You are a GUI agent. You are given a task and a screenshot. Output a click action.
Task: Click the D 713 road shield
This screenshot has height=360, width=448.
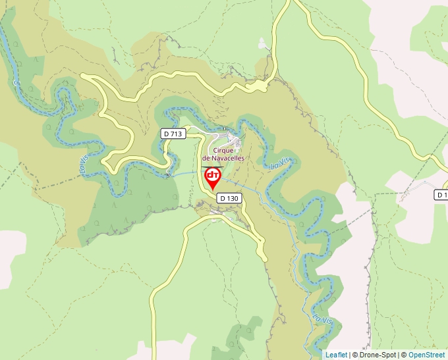pyautogui.click(x=172, y=134)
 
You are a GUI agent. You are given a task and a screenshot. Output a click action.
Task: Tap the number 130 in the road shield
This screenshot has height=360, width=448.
pyautogui.click(x=233, y=197)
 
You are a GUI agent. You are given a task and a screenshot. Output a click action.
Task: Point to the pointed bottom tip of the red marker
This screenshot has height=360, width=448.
pyautogui.click(x=213, y=190)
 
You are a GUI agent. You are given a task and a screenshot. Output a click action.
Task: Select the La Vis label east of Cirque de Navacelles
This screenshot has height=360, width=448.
pyautogui.click(x=279, y=163)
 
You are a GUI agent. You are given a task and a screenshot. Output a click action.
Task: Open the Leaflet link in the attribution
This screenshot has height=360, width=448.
pyautogui.click(x=336, y=355)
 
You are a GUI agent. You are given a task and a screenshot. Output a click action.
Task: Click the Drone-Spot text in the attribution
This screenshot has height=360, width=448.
pyautogui.click(x=378, y=355)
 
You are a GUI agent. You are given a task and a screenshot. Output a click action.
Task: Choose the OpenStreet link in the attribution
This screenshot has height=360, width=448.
pyautogui.click(x=426, y=355)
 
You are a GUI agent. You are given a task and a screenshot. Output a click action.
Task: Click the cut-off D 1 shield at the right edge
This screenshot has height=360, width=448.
pyautogui.click(x=441, y=195)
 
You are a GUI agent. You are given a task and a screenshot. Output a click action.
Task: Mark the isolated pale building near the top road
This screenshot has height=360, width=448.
pyautogui.click(x=263, y=44)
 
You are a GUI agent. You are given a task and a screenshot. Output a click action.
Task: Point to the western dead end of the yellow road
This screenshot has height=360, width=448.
pyautogui.click(x=82, y=76)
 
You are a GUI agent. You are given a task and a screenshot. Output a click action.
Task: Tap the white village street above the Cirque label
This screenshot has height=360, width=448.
pyautogui.click(x=221, y=139)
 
